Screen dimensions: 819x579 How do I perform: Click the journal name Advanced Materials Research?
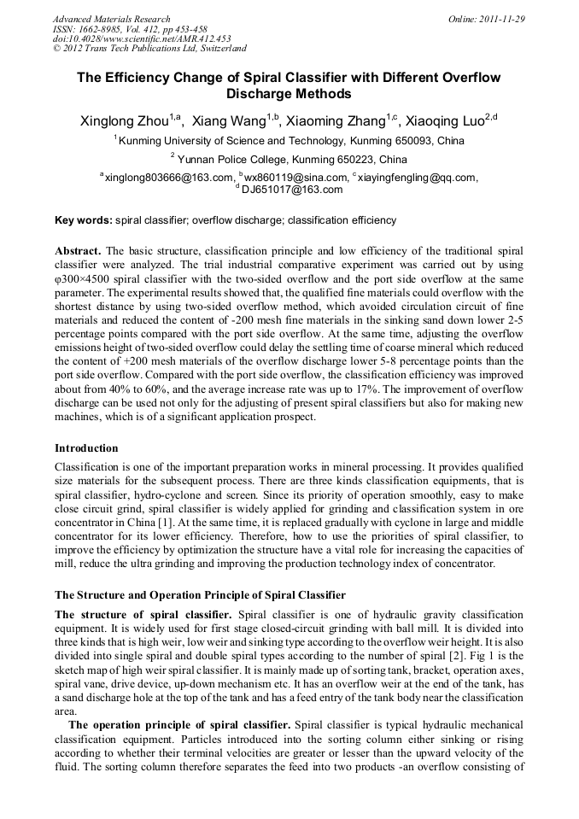coord(111,19)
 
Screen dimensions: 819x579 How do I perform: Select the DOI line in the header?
coord(141,38)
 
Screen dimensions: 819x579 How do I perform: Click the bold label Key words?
coord(83,220)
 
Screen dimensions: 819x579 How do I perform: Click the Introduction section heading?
coord(86,448)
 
